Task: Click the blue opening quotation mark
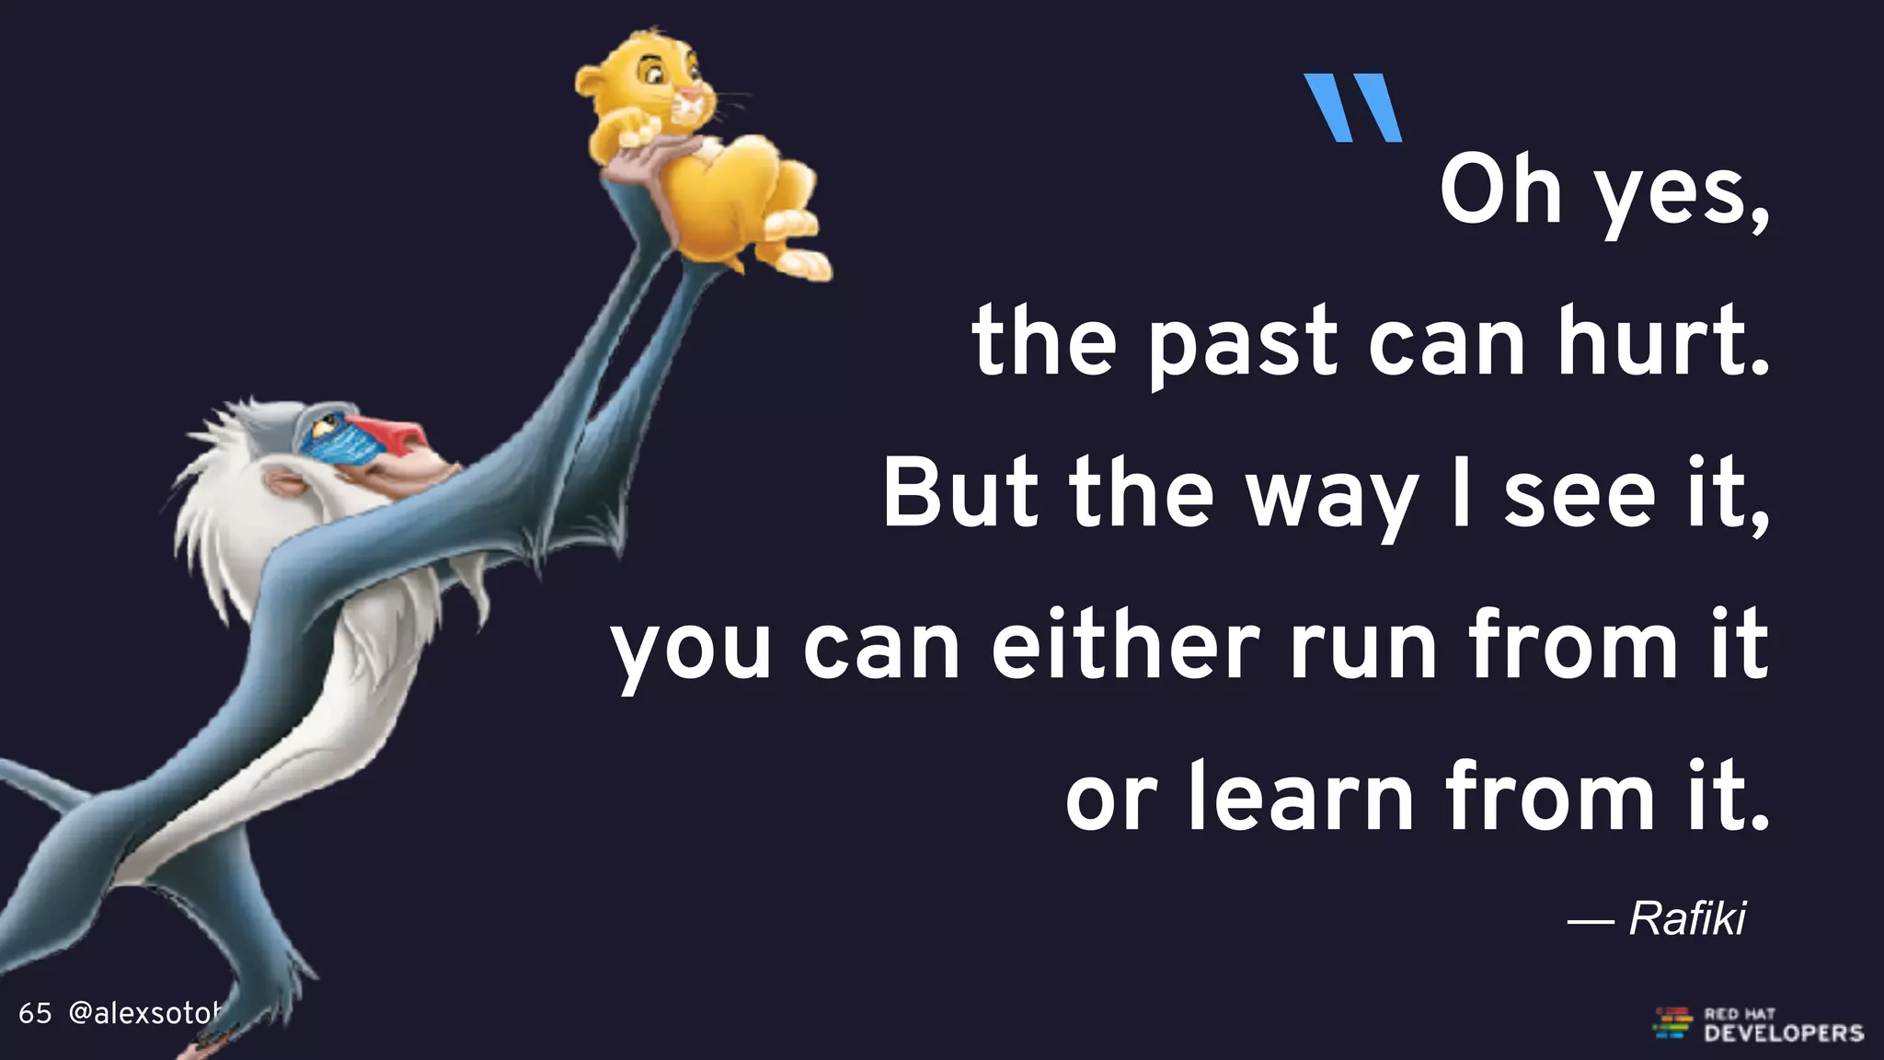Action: click(x=1353, y=108)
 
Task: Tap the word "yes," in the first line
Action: click(x=1681, y=193)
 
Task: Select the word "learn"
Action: click(x=1301, y=796)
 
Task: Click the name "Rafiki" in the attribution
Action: click(x=1687, y=918)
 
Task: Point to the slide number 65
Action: click(x=35, y=1014)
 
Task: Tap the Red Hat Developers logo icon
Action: click(x=1671, y=1023)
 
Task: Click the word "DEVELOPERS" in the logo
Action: click(x=1783, y=1033)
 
